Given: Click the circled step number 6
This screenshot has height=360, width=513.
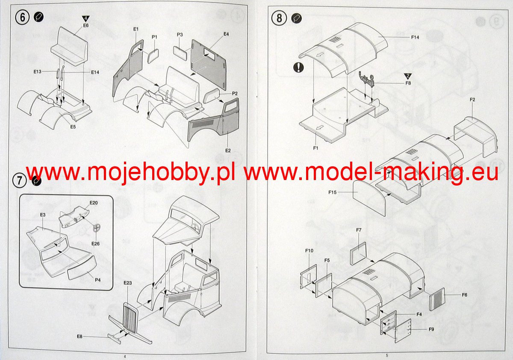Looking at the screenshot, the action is [22, 18].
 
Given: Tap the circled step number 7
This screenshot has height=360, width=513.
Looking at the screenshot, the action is [20, 180].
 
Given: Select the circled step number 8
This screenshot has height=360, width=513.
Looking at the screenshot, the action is [279, 18].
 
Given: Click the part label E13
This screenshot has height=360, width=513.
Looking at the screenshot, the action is [37, 72].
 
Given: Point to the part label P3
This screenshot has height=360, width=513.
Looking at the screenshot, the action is [180, 35].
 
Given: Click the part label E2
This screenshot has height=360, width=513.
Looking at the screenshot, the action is [228, 150].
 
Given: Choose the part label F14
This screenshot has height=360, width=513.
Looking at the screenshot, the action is [415, 37].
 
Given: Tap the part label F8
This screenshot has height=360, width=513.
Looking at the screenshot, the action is [408, 83].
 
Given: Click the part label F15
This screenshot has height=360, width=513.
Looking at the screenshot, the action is [333, 192].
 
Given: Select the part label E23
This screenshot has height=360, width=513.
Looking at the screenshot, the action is [127, 283].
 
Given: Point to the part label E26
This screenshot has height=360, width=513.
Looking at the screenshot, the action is [95, 243].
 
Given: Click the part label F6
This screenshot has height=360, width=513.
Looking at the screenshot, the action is [464, 295].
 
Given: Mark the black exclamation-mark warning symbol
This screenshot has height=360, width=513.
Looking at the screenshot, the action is [298, 68].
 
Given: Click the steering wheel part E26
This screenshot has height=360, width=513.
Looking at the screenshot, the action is [97, 228].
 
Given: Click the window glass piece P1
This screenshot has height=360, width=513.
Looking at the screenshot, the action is [153, 56].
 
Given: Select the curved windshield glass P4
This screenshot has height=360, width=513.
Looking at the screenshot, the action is [82, 267].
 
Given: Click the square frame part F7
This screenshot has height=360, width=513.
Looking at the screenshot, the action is [358, 254].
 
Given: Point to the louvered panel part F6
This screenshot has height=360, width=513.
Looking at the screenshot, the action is [437, 299].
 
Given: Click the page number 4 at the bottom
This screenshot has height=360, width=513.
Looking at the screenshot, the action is [124, 356].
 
